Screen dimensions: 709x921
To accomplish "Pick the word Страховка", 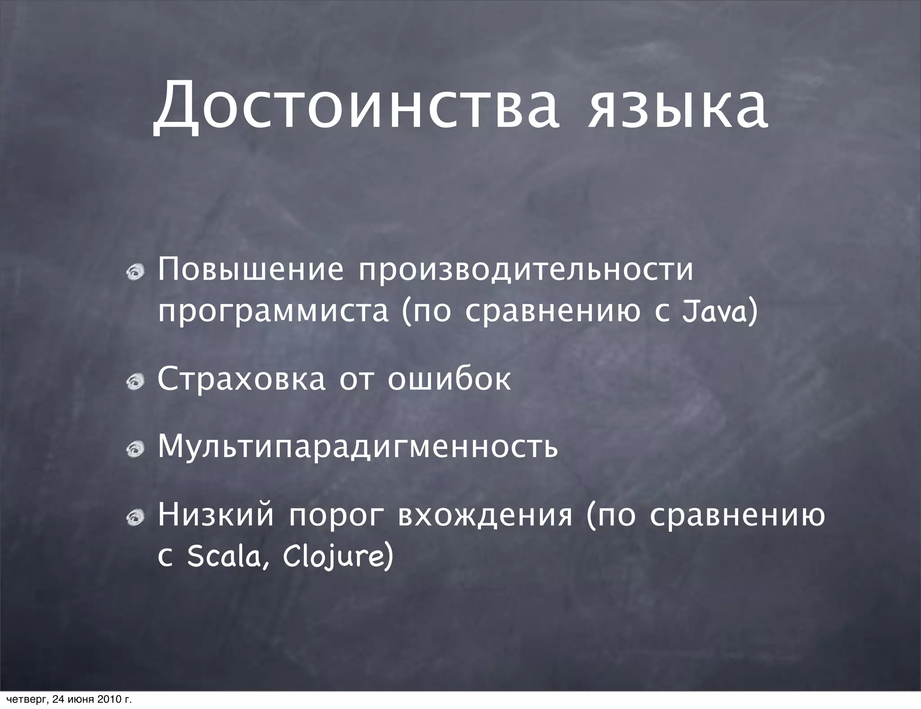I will point(241,379).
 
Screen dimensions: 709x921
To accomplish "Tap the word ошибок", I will point(449,379).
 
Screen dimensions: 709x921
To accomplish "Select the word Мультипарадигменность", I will point(358,447).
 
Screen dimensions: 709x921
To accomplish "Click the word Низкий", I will point(216,515).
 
